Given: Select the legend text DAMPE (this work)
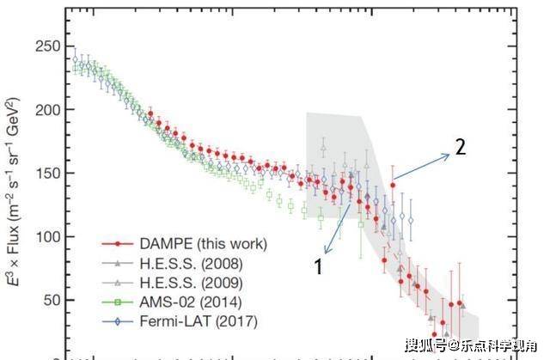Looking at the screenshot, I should click(x=208, y=244).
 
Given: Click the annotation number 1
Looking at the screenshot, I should click(x=319, y=267).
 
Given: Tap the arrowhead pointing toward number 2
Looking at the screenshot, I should click(x=447, y=155).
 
